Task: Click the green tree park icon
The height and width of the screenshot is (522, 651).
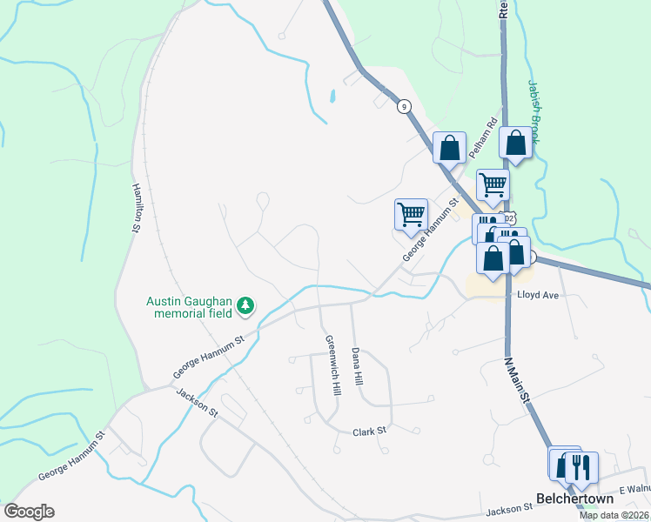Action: pos(246,304)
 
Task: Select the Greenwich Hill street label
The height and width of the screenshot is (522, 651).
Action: pos(331,365)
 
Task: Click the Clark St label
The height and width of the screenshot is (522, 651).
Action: pos(368,432)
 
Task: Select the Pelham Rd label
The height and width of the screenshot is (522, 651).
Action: pos(482,137)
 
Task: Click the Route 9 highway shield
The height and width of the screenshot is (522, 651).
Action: pos(404,106)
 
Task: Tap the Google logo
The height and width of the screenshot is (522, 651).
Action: pos(29,512)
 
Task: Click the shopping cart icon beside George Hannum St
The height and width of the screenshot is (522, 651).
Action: pos(411,213)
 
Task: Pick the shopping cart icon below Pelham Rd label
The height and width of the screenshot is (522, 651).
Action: pos(493,183)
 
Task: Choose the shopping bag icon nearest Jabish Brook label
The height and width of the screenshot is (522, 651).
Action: pos(515,143)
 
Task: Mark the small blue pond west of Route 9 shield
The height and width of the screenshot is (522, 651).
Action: pos(332,95)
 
